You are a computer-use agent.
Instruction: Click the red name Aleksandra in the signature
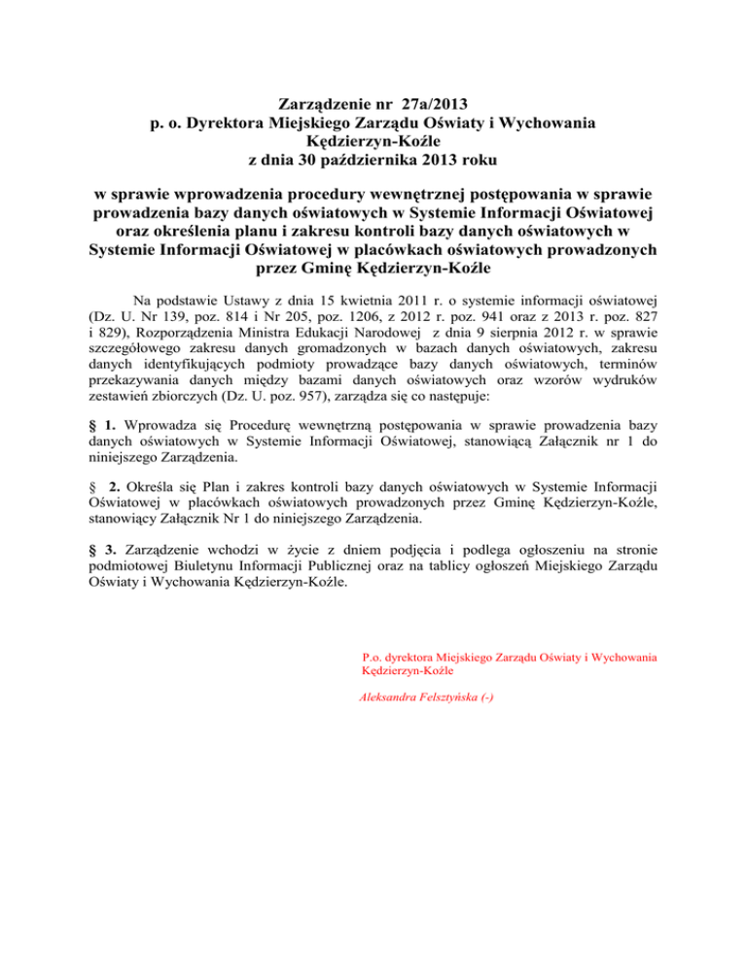tap(394, 698)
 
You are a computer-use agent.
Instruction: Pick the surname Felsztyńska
tap(456, 698)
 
